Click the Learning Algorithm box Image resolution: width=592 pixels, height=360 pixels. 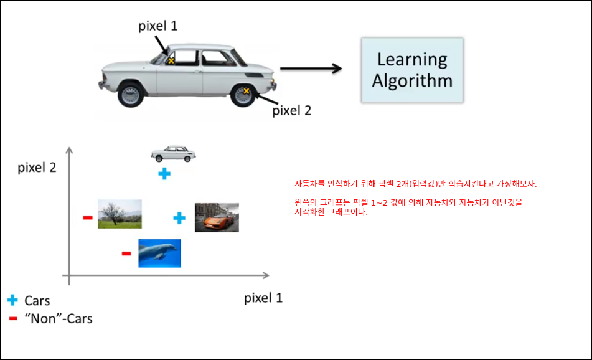pyautogui.click(x=412, y=70)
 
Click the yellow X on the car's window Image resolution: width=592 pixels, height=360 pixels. pyautogui.click(x=171, y=60)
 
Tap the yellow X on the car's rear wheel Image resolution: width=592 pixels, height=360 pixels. pyautogui.click(x=246, y=91)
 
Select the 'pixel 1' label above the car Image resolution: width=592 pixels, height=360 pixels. pyautogui.click(x=157, y=26)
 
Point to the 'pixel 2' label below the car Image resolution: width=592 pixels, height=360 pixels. pyautogui.click(x=291, y=110)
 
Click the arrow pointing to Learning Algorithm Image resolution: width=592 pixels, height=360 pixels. pyautogui.click(x=311, y=69)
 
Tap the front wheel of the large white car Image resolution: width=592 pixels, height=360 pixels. pyautogui.click(x=131, y=95)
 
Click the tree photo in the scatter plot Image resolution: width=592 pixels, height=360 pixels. pyautogui.click(x=120, y=214)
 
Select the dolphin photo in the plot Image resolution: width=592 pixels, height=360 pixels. pyautogui.click(x=160, y=253)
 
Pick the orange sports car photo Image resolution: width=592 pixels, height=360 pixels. pyautogui.click(x=217, y=217)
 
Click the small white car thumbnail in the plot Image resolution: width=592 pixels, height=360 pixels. pyautogui.click(x=173, y=154)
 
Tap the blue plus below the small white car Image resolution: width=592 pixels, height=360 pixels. pyautogui.click(x=164, y=174)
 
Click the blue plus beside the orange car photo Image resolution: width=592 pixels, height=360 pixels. pyautogui.click(x=179, y=218)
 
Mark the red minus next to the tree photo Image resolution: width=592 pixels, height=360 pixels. pyautogui.click(x=88, y=217)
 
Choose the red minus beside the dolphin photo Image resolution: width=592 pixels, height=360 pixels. pyautogui.click(x=126, y=253)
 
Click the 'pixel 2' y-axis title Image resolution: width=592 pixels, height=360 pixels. pyautogui.click(x=37, y=168)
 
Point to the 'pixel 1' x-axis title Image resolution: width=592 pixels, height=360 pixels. pyautogui.click(x=263, y=298)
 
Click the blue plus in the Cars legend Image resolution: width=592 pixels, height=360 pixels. pyautogui.click(x=12, y=300)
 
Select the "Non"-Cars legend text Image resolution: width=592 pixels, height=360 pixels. pyautogui.click(x=59, y=318)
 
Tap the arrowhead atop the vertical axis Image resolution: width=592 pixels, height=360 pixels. pyautogui.click(x=69, y=149)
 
